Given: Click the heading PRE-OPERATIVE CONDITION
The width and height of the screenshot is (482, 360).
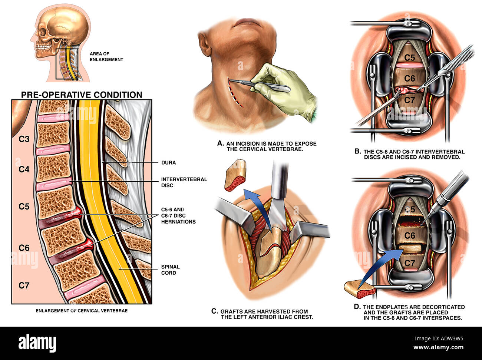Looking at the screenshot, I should (82, 95).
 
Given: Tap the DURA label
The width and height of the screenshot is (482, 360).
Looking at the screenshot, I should (168, 163).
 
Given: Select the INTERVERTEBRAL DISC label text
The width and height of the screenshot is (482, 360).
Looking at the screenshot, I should (184, 182).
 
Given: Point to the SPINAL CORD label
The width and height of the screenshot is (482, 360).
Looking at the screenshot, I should (171, 270).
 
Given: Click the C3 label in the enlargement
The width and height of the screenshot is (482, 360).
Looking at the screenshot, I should (24, 139).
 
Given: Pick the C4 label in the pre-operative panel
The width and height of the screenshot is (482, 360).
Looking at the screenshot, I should (24, 169).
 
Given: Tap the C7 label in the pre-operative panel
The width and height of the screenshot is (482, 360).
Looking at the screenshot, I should (24, 285).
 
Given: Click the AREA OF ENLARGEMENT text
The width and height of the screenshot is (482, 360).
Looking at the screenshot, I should (106, 56).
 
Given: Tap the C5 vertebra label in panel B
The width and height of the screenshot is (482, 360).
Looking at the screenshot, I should (409, 57).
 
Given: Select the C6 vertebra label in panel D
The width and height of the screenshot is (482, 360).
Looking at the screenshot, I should (409, 235).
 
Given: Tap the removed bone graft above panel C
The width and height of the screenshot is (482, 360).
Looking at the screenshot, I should (236, 174).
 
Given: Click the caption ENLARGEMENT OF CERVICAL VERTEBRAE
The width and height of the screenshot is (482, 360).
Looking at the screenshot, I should (82, 310).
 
